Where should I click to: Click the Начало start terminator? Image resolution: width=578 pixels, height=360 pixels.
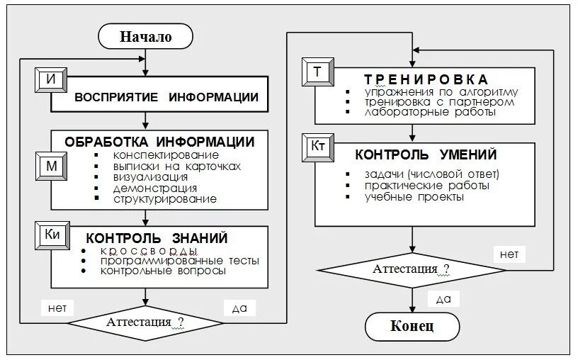[x=145, y=38]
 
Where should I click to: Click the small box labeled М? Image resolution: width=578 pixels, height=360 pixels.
[x=51, y=164]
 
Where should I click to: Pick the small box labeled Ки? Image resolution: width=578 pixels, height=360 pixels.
[x=52, y=235]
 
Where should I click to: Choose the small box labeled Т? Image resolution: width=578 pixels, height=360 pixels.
[x=317, y=72]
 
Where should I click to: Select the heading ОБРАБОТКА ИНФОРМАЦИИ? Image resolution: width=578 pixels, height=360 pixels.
[x=159, y=141]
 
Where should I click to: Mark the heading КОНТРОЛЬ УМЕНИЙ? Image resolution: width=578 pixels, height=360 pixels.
[x=426, y=154]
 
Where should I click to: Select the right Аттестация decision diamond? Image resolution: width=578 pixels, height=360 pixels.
[x=411, y=269]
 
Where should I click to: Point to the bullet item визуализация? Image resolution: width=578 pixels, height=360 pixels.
[x=150, y=176]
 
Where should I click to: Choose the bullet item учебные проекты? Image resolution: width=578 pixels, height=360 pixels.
[x=414, y=196]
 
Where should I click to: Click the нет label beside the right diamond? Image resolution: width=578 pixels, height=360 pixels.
[x=509, y=252]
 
